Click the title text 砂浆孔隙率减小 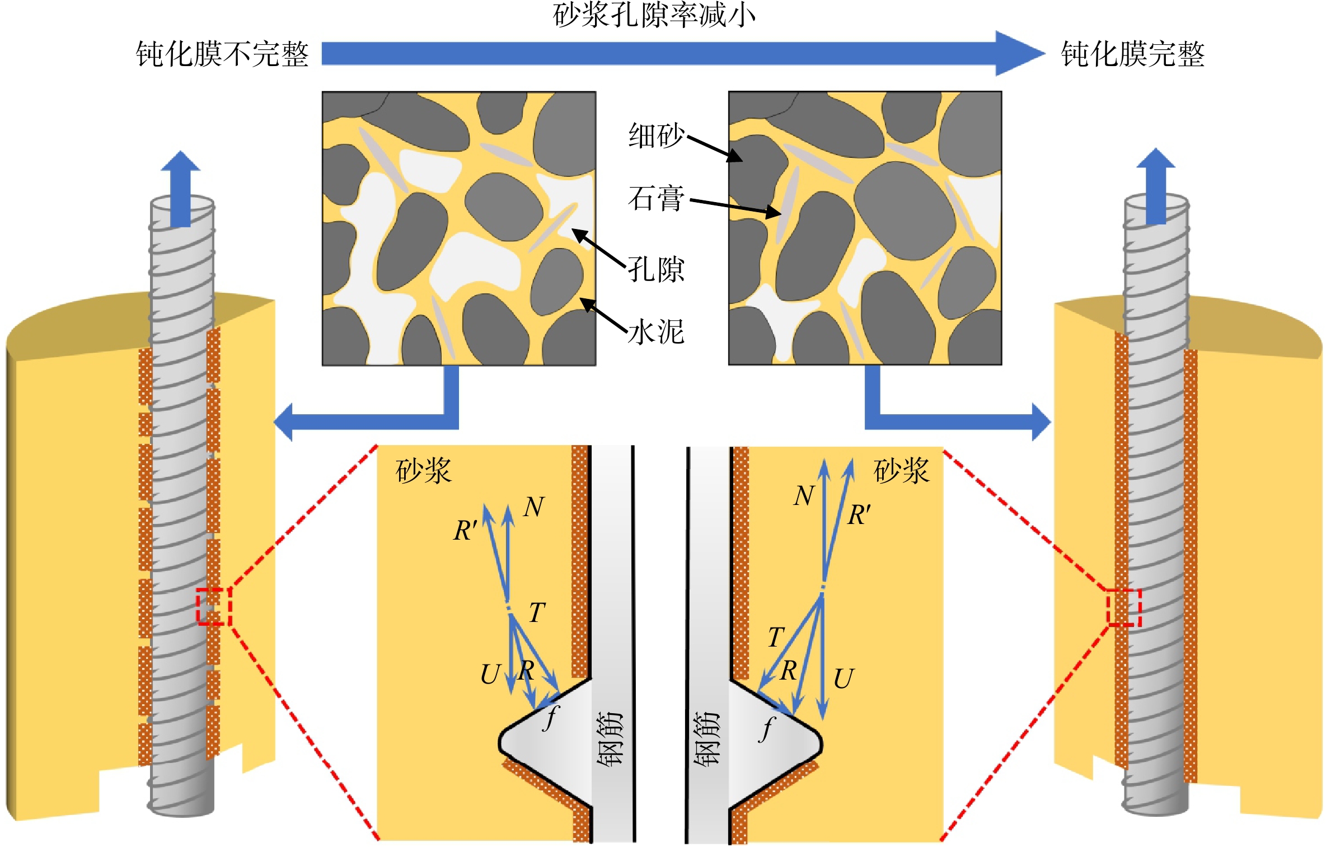tap(654, 15)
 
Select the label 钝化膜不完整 tap(222, 54)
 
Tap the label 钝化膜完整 tap(1132, 54)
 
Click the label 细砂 tap(656, 135)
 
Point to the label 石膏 tap(655, 199)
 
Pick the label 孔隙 tap(655, 269)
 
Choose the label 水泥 tap(655, 332)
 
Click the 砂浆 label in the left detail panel tap(423, 470)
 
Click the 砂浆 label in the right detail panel tap(901, 470)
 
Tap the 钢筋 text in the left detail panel tap(610, 738)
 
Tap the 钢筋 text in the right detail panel tap(706, 738)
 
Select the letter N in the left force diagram tap(533, 507)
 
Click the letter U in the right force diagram tap(844, 678)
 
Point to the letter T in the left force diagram tap(536, 612)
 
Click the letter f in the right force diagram tap(767, 729)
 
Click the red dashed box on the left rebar tap(214, 606)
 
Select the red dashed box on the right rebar tap(1124, 607)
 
